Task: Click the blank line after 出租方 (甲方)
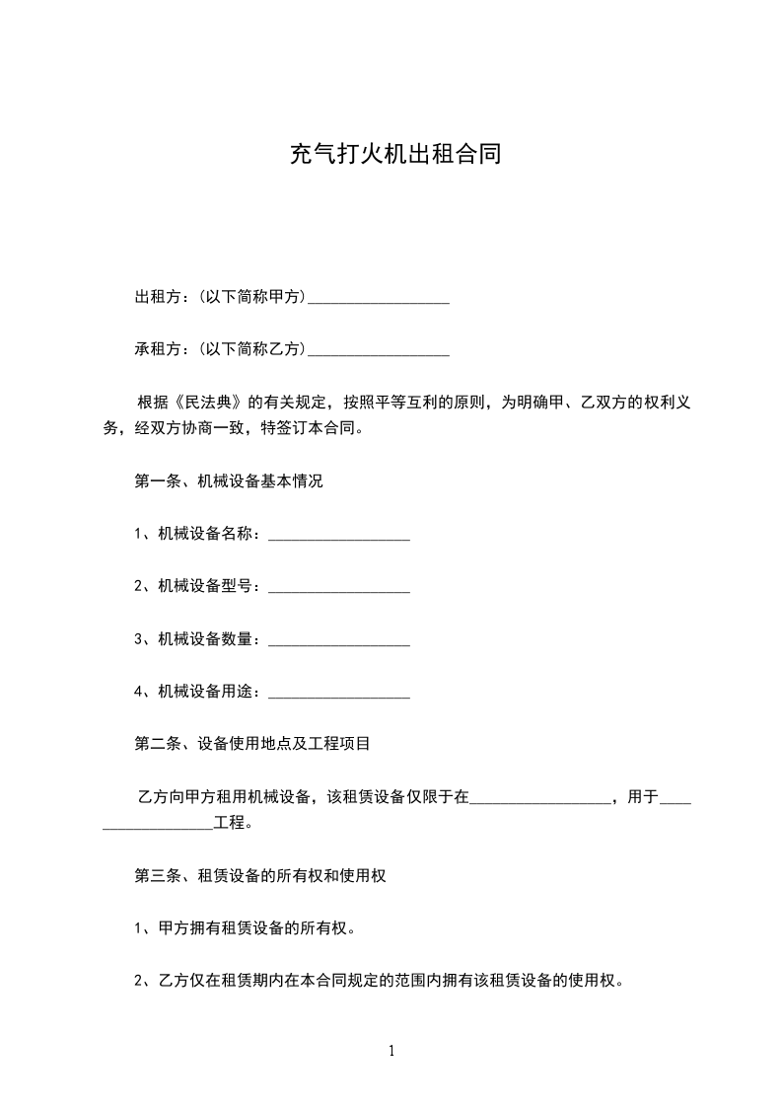[379, 299]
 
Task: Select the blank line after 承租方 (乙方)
[379, 351]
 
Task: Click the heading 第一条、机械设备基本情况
[229, 481]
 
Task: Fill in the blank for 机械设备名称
[338, 536]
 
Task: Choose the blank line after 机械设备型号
[338, 588]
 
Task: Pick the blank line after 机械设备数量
[338, 641]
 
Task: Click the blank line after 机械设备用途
[338, 694]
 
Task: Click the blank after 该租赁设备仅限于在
[540, 798]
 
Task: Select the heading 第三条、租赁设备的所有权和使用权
[259, 875]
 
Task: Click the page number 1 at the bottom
[391, 1052]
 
